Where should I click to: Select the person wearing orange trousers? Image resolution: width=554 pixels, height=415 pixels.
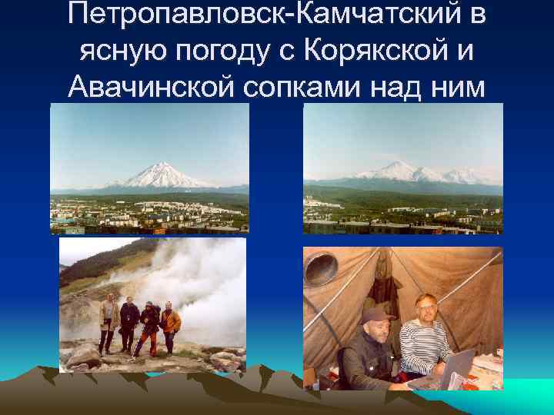click(x=148, y=330)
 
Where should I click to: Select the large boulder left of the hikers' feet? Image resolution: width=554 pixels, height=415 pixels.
click(x=84, y=356)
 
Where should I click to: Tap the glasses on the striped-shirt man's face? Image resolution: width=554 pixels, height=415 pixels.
click(x=422, y=307)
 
